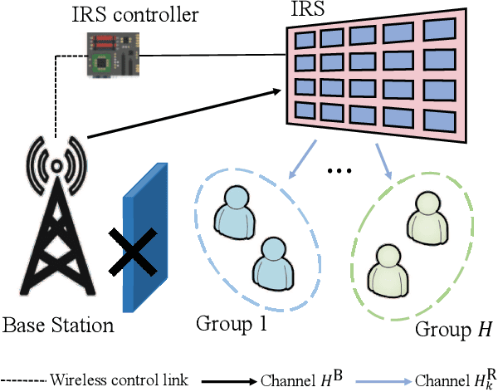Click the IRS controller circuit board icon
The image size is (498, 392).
click(x=113, y=55)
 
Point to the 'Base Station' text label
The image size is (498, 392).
click(x=58, y=324)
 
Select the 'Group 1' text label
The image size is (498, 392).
click(x=232, y=322)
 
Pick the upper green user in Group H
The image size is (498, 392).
click(x=427, y=218)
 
